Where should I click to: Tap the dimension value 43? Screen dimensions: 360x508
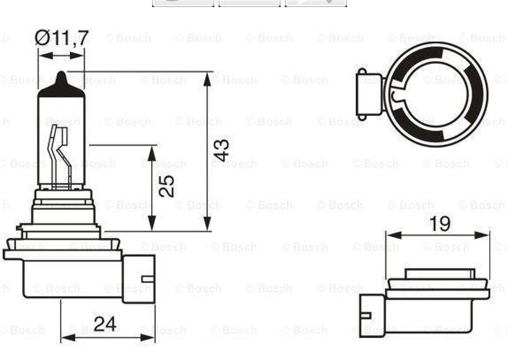pyautogui.click(x=222, y=150)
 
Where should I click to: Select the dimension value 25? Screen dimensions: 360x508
pyautogui.click(x=166, y=186)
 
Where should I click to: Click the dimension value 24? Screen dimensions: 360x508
pyautogui.click(x=105, y=324)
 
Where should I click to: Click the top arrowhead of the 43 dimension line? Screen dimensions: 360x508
pyautogui.click(x=207, y=78)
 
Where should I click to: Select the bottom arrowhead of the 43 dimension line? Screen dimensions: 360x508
pyautogui.click(x=207, y=224)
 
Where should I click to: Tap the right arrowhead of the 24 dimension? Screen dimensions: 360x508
pyautogui.click(x=149, y=338)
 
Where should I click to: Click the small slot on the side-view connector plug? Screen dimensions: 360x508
pyautogui.click(x=147, y=278)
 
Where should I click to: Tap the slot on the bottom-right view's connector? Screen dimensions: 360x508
pyautogui.click(x=367, y=315)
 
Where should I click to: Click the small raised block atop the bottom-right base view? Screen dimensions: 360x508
pyautogui.click(x=438, y=273)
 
